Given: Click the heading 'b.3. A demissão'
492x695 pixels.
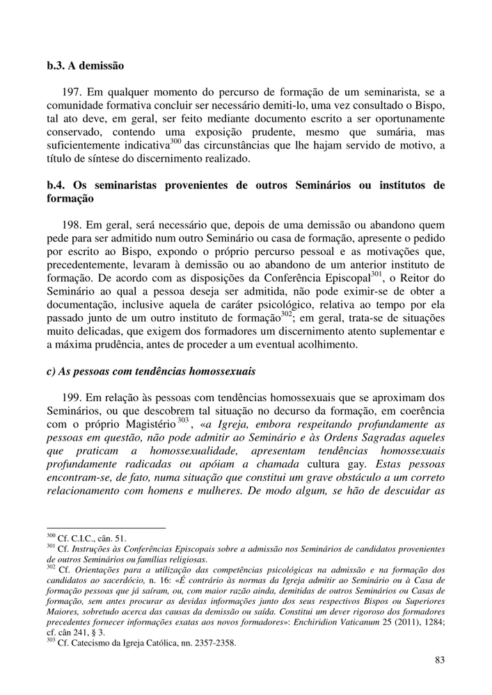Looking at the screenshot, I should click(x=85, y=67).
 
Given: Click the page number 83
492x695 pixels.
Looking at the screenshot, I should click(x=438, y=660).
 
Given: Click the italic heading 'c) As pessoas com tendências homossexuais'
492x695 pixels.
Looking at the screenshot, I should click(x=150, y=371).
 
